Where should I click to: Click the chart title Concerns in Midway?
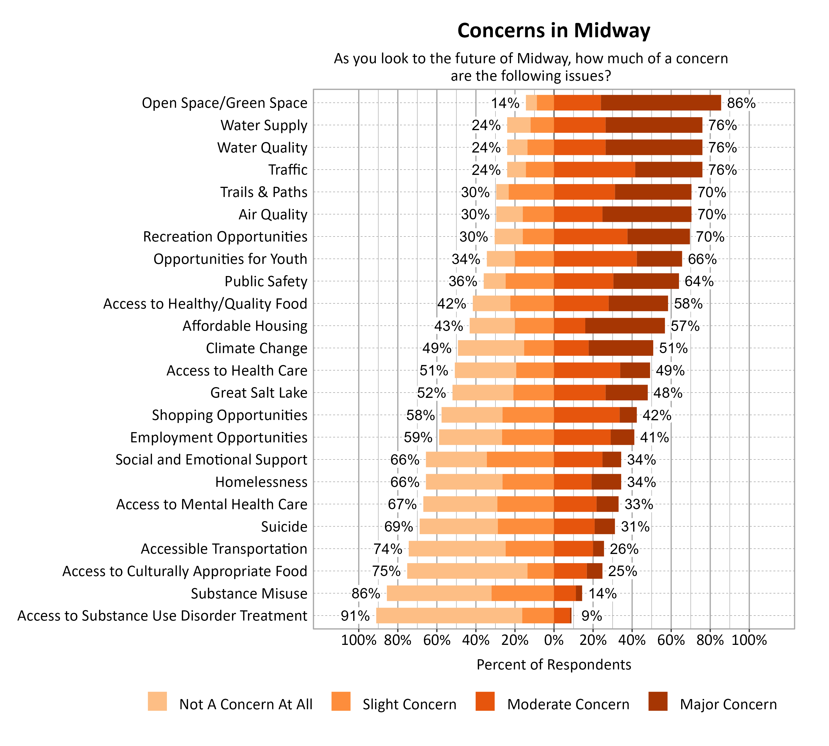[553, 31]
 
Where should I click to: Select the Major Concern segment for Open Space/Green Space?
[660, 103]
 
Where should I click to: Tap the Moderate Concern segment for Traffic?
[594, 169]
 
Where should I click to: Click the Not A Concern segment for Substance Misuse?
[439, 593]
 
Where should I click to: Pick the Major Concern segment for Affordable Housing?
[625, 325]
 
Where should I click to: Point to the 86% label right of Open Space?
[741, 103]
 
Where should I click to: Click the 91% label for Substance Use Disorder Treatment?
[355, 616]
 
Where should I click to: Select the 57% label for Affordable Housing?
[685, 326]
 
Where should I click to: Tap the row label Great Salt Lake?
[259, 393]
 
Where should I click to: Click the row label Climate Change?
[256, 348]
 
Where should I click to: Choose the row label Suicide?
[284, 526]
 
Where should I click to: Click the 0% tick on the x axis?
[553, 640]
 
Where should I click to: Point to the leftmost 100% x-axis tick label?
[358, 640]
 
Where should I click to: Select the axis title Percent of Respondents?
[553, 664]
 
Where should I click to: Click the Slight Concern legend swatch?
[341, 701]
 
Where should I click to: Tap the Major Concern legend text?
[728, 704]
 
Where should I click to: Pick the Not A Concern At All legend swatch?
[158, 701]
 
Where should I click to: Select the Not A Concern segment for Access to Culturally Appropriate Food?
[467, 571]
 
